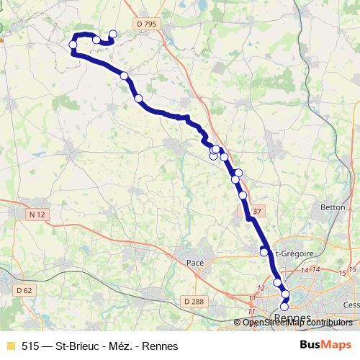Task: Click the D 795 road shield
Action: click(x=145, y=24)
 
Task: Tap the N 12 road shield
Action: click(x=37, y=214)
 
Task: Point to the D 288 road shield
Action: click(x=192, y=301)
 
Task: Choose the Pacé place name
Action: click(x=195, y=264)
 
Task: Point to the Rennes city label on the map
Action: click(x=292, y=318)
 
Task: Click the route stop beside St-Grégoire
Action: click(x=264, y=252)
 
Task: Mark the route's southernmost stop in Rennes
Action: click(x=284, y=307)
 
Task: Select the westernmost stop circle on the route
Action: click(x=73, y=45)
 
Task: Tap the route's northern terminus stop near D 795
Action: click(x=112, y=34)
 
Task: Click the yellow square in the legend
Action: click(x=9, y=346)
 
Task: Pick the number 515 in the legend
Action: click(x=30, y=346)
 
